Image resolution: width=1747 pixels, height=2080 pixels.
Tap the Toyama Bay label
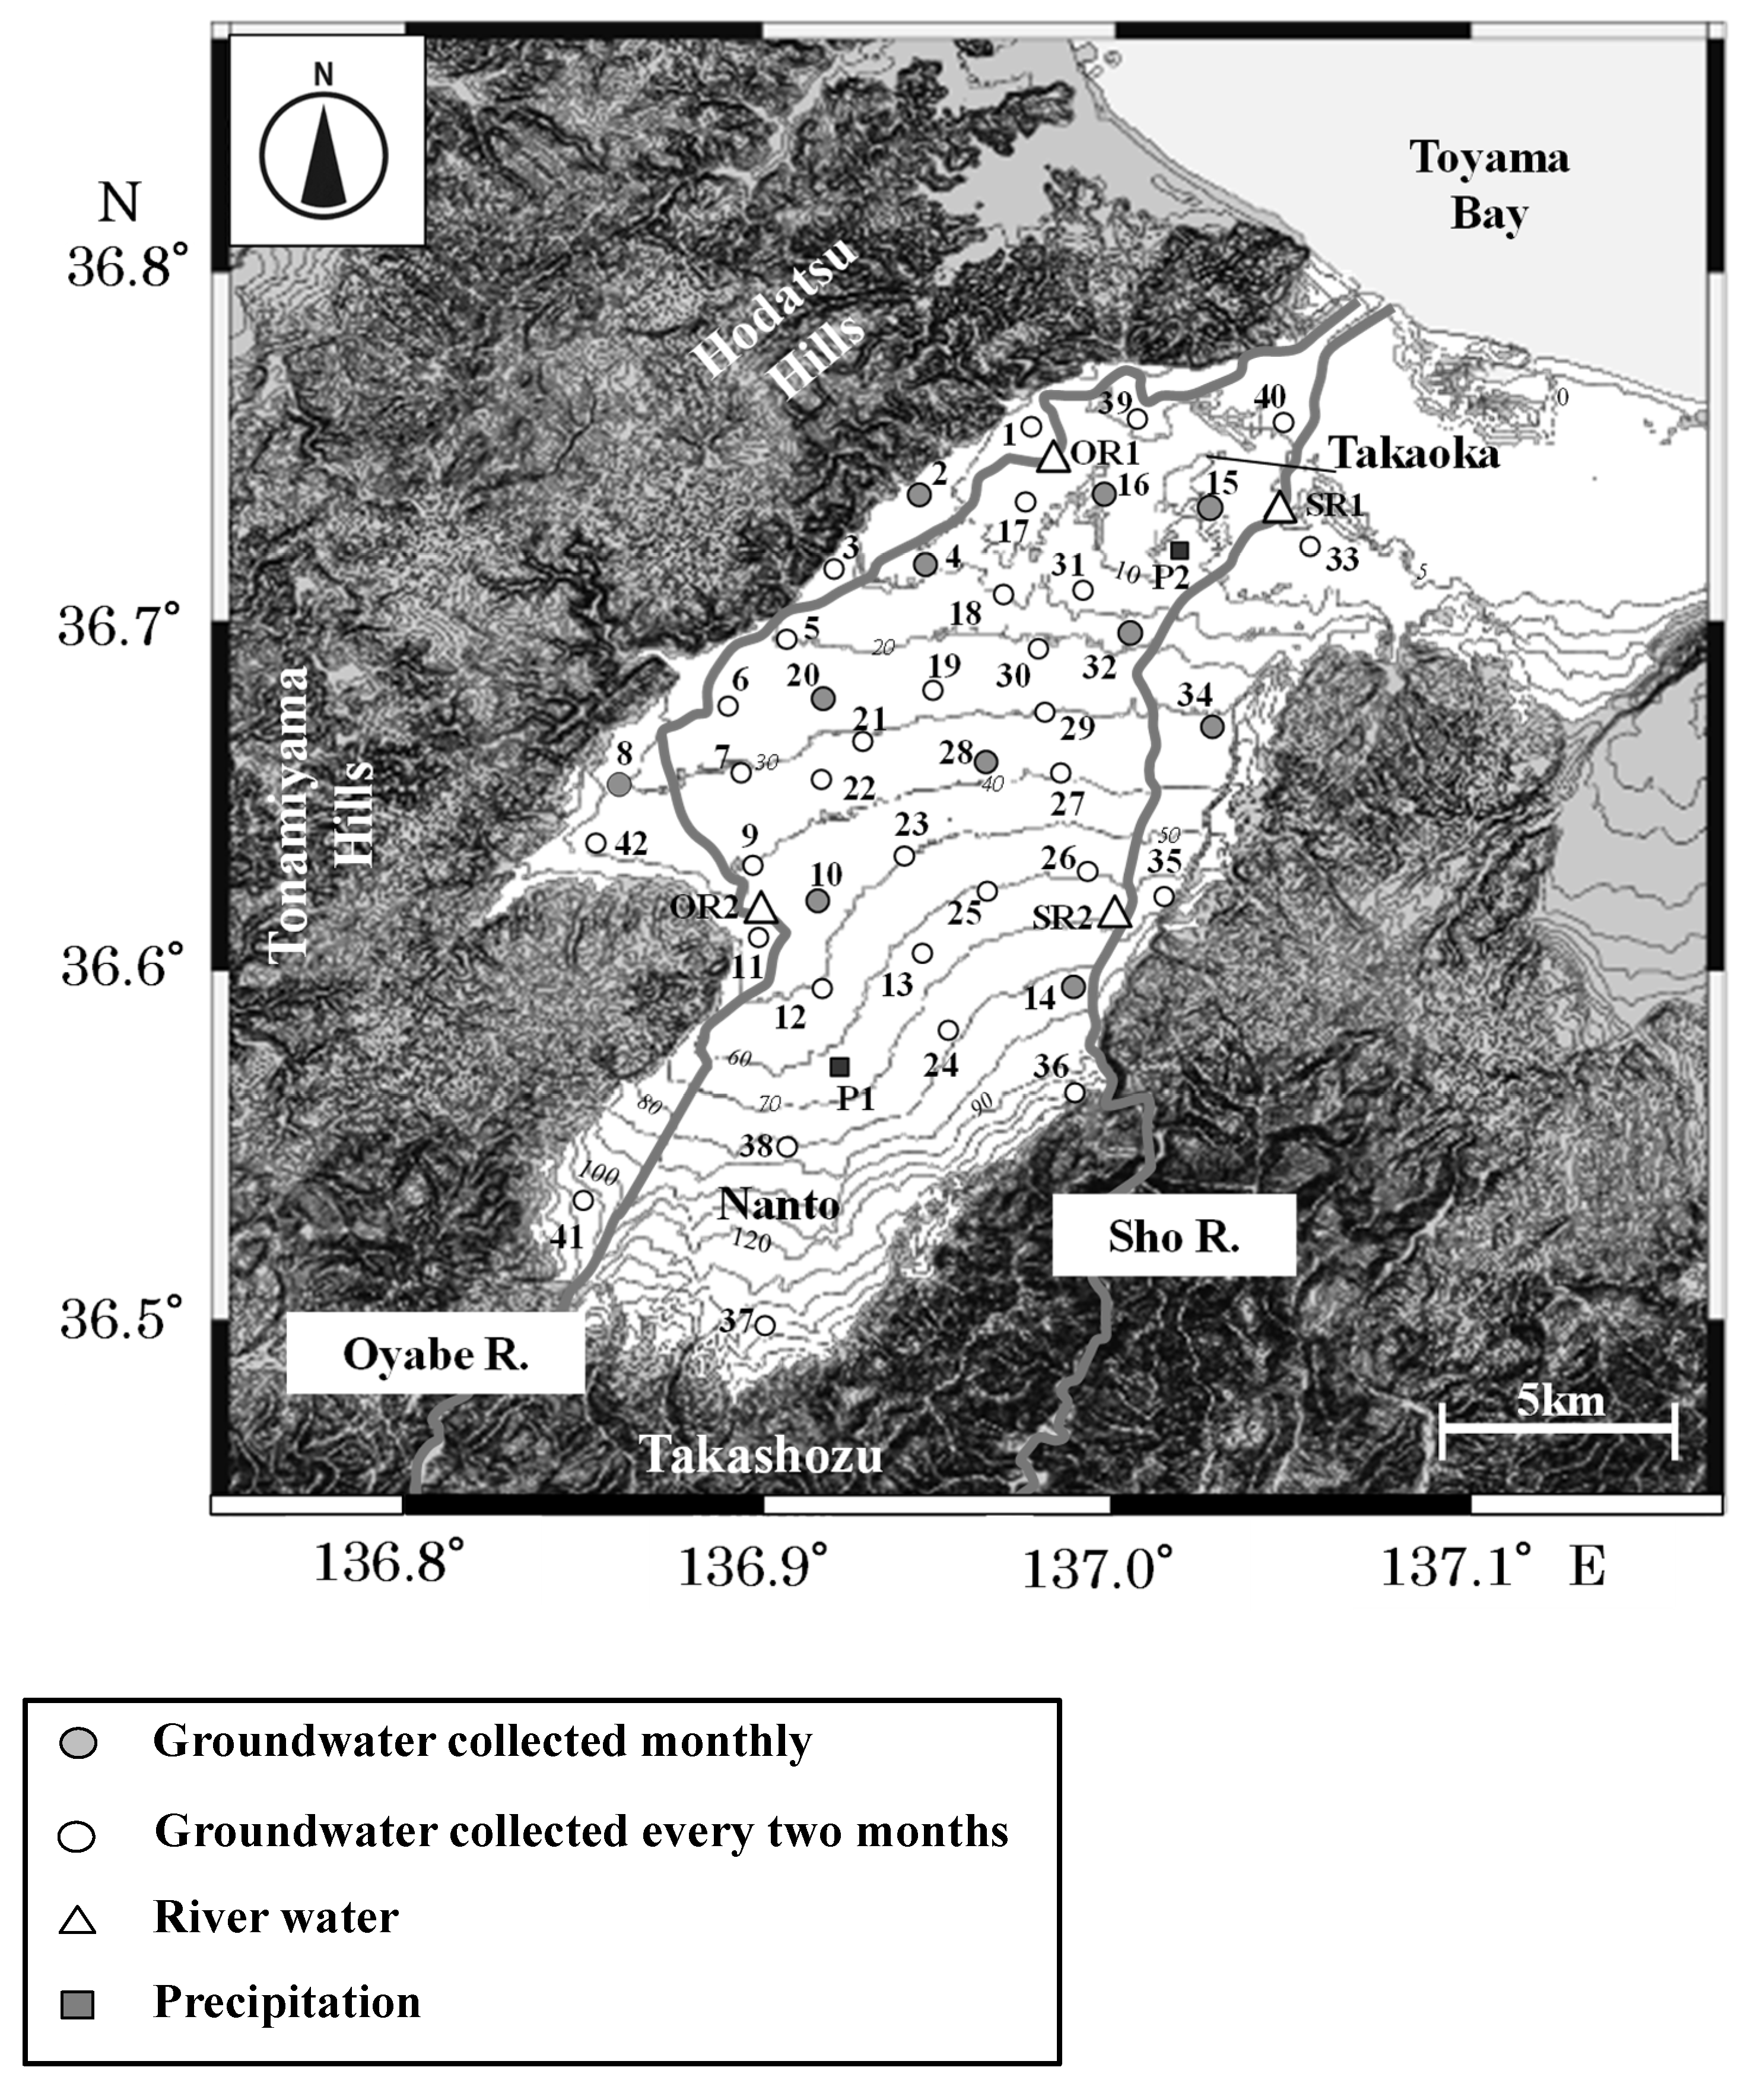pos(1488,185)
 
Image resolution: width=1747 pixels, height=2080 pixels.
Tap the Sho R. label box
pos(1174,1235)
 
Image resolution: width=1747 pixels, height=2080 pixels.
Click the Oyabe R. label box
pos(436,1354)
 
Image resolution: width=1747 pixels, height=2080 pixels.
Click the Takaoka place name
pos(1414,454)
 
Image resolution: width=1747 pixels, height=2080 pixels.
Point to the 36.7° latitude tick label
pos(121,626)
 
